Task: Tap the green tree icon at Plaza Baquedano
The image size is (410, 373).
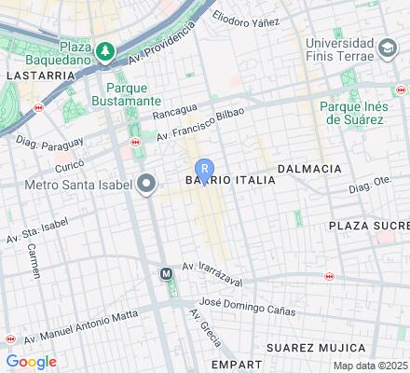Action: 107,48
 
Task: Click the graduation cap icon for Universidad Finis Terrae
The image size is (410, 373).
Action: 387,47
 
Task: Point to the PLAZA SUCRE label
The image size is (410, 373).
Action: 368,226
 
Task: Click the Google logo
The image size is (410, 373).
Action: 31,362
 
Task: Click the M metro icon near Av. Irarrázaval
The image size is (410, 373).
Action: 166,274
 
